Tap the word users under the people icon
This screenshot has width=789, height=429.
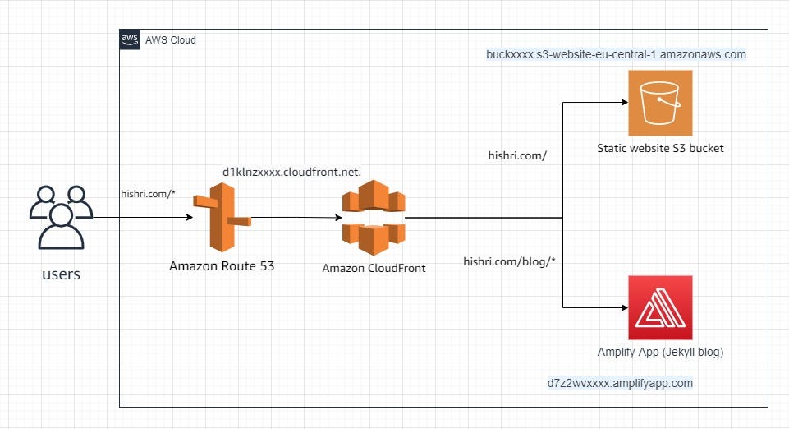tap(62, 274)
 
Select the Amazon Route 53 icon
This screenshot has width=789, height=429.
tap(221, 218)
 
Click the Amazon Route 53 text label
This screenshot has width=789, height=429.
tap(222, 265)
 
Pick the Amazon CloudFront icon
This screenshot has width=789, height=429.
tap(374, 218)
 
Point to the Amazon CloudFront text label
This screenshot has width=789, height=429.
tap(374, 268)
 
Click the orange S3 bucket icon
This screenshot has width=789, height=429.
tap(660, 103)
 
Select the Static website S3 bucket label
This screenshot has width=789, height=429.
tap(660, 149)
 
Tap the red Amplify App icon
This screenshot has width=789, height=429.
tap(660, 307)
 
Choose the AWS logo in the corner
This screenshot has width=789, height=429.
tap(130, 39)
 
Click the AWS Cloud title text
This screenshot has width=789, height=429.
tap(171, 39)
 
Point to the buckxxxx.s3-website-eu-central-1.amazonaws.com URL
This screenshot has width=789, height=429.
tap(616, 55)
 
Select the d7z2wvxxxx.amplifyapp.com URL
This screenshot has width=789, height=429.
tap(620, 383)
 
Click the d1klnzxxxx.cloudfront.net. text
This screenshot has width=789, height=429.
tap(291, 172)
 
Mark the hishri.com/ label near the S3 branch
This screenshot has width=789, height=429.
tap(517, 155)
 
